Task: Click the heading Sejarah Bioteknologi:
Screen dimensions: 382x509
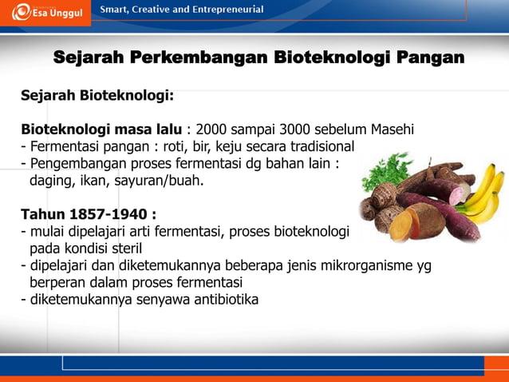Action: click(97, 96)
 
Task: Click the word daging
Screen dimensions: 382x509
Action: click(50, 181)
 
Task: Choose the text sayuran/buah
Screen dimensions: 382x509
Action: click(163, 181)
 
